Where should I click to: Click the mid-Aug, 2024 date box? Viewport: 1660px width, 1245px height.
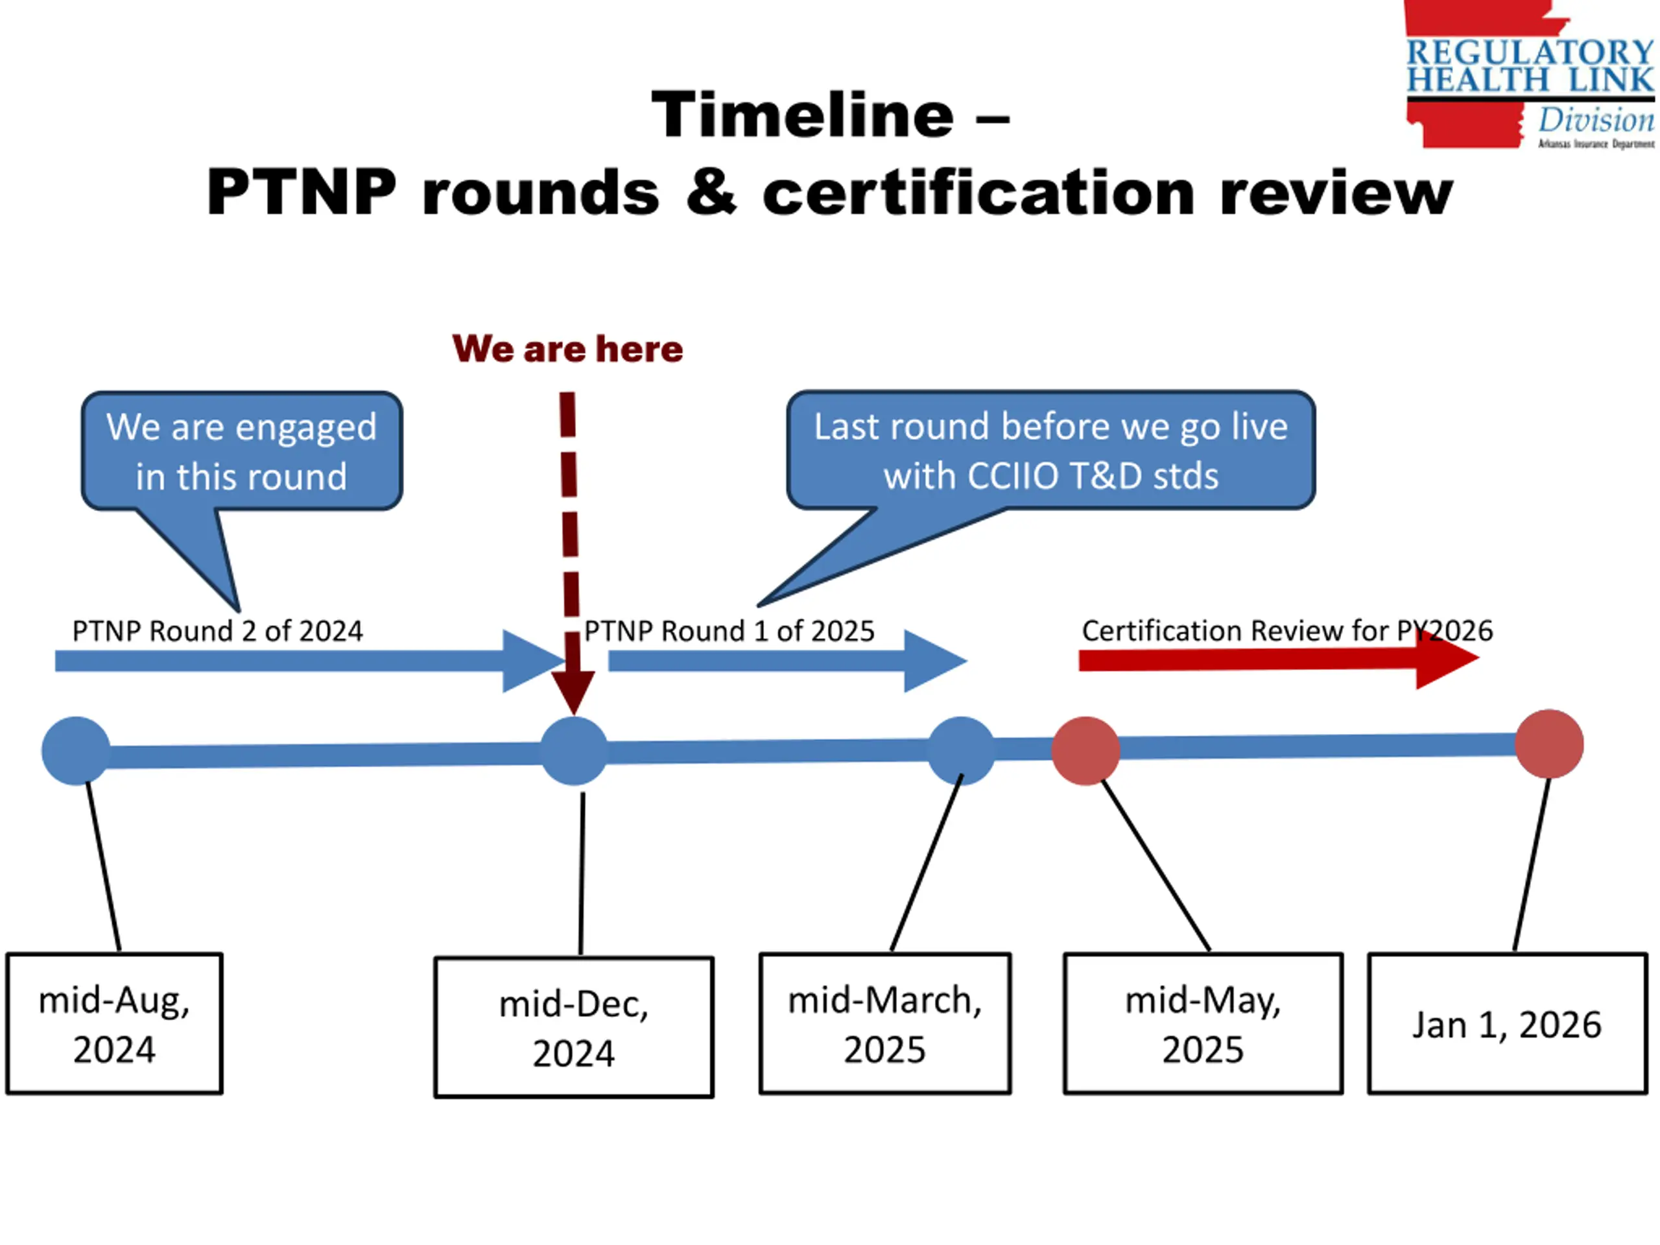pyautogui.click(x=114, y=1024)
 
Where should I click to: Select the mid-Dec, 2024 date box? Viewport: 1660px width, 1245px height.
pyautogui.click(x=574, y=1027)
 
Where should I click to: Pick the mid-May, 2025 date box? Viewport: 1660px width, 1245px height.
pyautogui.click(x=1203, y=1024)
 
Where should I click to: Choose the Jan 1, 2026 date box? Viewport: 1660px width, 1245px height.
pyautogui.click(x=1508, y=1024)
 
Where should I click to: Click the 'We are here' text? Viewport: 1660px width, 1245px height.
pyautogui.click(x=568, y=349)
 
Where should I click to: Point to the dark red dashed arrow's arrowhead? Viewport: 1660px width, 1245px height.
pyautogui.click(x=573, y=692)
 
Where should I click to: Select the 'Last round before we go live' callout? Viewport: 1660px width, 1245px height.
pyautogui.click(x=1050, y=450)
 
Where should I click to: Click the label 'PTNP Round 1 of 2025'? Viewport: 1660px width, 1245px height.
pyautogui.click(x=729, y=631)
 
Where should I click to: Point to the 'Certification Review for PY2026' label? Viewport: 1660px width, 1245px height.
pyautogui.click(x=1288, y=630)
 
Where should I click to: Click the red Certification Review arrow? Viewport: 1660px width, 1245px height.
pyautogui.click(x=1279, y=659)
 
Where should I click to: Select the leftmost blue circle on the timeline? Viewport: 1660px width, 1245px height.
pyautogui.click(x=76, y=751)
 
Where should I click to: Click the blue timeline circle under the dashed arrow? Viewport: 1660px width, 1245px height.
pyautogui.click(x=574, y=751)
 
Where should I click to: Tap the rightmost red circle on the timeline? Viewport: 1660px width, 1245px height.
pyautogui.click(x=1549, y=744)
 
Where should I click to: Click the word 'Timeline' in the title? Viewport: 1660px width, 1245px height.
pyautogui.click(x=803, y=114)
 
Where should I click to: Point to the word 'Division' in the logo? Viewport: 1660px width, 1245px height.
pyautogui.click(x=1596, y=120)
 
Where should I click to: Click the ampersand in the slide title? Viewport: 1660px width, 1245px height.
pyautogui.click(x=711, y=193)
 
